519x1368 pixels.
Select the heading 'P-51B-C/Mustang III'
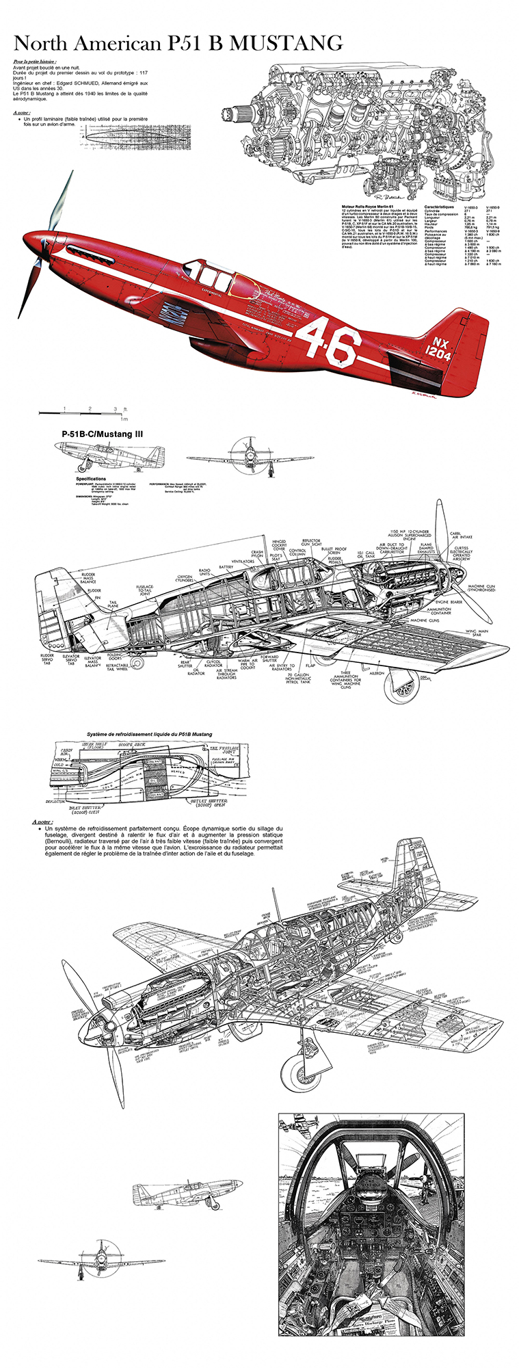click(x=102, y=434)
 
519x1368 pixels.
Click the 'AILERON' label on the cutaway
click(x=377, y=673)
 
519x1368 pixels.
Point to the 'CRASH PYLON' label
click(x=257, y=554)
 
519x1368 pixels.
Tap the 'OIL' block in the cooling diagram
click(x=155, y=780)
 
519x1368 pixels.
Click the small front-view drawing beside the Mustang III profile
click(x=250, y=458)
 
